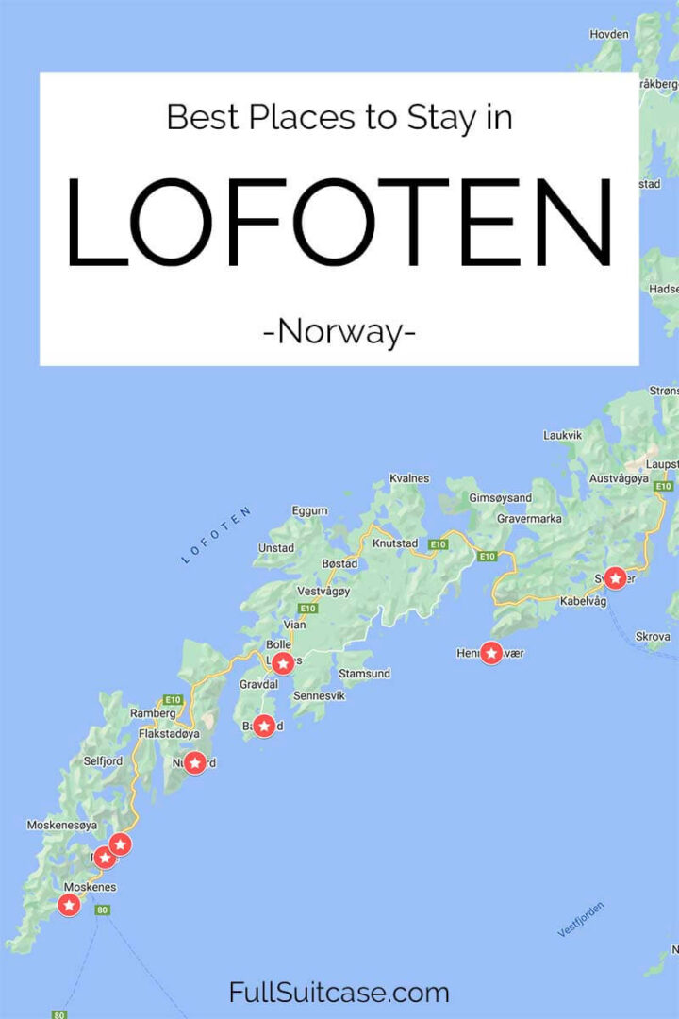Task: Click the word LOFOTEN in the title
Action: [x=339, y=224]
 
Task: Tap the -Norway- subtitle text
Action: [x=339, y=331]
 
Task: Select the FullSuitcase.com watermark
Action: [x=339, y=992]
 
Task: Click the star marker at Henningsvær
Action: [x=491, y=652]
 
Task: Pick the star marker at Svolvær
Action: [x=616, y=577]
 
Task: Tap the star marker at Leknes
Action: [x=283, y=661]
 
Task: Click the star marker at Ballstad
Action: [x=264, y=726]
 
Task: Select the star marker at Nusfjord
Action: [x=195, y=762]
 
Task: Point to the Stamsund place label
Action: [x=364, y=674]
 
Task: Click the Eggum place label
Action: [x=310, y=510]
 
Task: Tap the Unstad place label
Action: [x=275, y=547]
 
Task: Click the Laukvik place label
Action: [x=564, y=435]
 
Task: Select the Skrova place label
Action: [x=653, y=637]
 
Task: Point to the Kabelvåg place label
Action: [x=583, y=601]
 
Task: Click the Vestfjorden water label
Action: [x=580, y=919]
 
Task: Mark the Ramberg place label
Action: [x=153, y=713]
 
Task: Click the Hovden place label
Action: [x=608, y=34]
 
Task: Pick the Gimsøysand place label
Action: [x=501, y=497]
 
